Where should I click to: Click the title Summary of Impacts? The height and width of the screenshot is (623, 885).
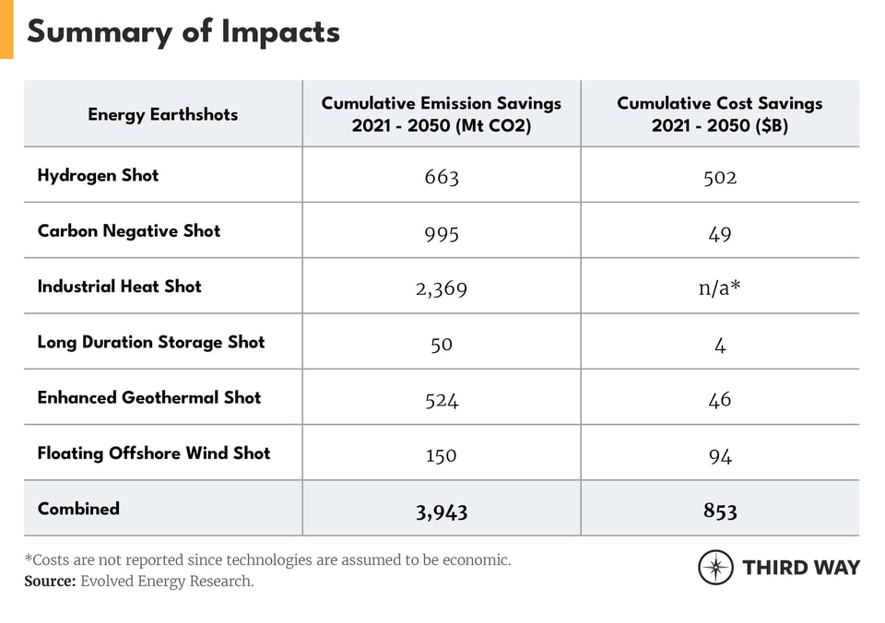(183, 32)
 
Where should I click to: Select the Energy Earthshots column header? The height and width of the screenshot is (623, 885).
(163, 114)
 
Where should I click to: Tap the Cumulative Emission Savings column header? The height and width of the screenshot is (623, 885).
(441, 114)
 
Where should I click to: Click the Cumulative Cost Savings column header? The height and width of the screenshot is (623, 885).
(719, 114)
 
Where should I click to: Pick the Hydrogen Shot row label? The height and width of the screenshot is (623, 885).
(98, 175)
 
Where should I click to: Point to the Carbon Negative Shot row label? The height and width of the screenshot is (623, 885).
(129, 230)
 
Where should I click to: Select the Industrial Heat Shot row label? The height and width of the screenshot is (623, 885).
(119, 286)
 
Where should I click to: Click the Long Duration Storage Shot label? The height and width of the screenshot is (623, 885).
(151, 342)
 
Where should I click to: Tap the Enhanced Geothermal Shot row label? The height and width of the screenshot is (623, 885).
(149, 397)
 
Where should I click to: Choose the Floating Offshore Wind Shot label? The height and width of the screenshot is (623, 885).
(154, 453)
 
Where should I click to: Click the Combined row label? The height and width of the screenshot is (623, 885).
(78, 508)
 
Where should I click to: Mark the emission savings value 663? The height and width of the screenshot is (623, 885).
(442, 177)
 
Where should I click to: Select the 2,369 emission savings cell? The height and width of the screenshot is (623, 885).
(442, 288)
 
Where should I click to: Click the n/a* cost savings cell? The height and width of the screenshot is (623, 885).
(720, 288)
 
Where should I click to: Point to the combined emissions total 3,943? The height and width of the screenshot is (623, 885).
(442, 511)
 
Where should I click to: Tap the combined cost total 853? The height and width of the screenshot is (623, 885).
(720, 511)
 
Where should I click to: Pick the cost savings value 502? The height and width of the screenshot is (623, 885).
(720, 177)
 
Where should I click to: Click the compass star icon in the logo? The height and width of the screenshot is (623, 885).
(715, 567)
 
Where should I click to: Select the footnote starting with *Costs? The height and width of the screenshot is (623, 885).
(267, 559)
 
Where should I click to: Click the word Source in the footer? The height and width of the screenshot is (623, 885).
(50, 581)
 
